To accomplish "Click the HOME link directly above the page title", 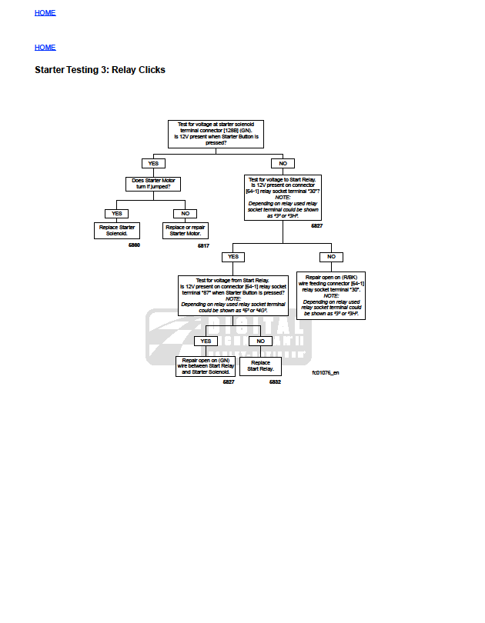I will pyautogui.click(x=45, y=48).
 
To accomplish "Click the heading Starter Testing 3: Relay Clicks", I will pyautogui.click(x=100, y=70).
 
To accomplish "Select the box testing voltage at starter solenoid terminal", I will pyautogui.click(x=216, y=134).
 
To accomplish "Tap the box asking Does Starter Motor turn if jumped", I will pyautogui.click(x=152, y=184).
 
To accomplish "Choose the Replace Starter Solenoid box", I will pyautogui.click(x=117, y=230).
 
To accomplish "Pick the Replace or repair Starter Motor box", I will pyautogui.click(x=185, y=230).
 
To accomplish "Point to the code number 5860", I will pyautogui.click(x=134, y=245).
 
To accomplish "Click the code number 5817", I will pyautogui.click(x=203, y=245).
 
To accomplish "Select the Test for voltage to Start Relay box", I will pyautogui.click(x=283, y=198).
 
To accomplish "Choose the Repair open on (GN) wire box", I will pyautogui.click(x=206, y=366).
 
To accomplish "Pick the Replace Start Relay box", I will pyautogui.click(x=260, y=366).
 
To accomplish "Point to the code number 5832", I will pyautogui.click(x=275, y=382).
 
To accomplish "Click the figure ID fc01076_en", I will pyautogui.click(x=325, y=372).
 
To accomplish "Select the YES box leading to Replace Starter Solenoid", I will pyautogui.click(x=117, y=213).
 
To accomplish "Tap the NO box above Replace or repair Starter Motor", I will pyautogui.click(x=185, y=213).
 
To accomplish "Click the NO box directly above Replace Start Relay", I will pyautogui.click(x=260, y=341).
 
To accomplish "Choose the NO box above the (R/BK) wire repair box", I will pyautogui.click(x=331, y=256).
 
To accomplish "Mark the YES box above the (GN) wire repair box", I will pyautogui.click(x=206, y=341).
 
